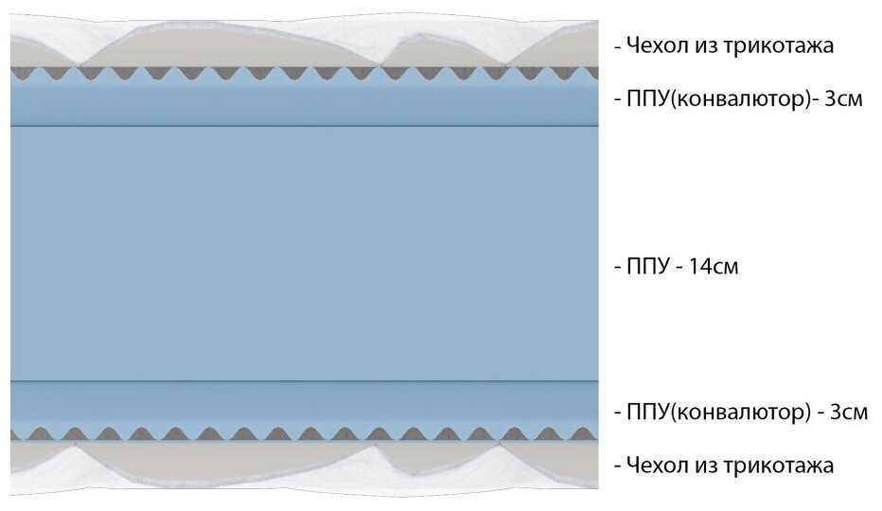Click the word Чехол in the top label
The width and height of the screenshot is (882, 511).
pos(655,44)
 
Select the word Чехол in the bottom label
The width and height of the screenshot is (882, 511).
pos(655,466)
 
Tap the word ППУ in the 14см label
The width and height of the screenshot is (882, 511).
pos(644,267)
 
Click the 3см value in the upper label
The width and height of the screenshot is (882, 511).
pos(843,98)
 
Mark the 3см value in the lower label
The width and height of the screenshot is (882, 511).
pos(848,413)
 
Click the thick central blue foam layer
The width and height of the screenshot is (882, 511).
pos(303,254)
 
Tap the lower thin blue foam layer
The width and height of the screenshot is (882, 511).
pos(303,405)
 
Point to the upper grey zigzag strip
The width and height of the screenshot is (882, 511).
pos(303,72)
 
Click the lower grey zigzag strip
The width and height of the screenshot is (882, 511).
pos(303,434)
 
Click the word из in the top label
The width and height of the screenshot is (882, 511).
pos(700,44)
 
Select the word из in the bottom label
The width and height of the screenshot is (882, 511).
pos(700,466)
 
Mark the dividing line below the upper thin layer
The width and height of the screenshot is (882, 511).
pos(303,125)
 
